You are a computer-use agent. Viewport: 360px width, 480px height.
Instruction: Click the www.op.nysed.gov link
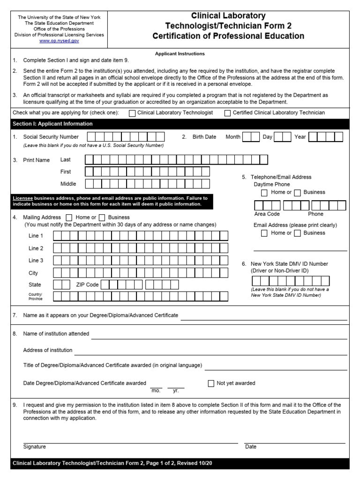click(x=59, y=41)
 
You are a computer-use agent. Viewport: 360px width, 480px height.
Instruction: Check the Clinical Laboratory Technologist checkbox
click(x=132, y=113)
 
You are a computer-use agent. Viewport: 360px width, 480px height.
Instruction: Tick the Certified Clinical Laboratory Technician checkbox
click(x=228, y=113)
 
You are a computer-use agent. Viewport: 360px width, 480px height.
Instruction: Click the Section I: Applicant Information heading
click(x=52, y=124)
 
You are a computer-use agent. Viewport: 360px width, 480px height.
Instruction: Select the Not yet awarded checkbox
click(x=211, y=383)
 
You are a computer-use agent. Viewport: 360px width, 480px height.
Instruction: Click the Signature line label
click(x=35, y=447)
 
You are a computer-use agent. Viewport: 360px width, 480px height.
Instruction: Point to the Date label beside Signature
click(x=251, y=447)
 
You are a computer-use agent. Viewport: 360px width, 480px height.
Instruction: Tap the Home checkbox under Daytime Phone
click(x=265, y=193)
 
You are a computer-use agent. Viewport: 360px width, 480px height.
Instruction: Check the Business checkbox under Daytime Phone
click(x=297, y=193)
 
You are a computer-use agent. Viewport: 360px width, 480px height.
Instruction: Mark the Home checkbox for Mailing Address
click(x=69, y=217)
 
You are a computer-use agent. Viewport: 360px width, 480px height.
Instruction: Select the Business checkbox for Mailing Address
click(x=102, y=217)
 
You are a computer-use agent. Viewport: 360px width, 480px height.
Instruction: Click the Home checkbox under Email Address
click(x=265, y=233)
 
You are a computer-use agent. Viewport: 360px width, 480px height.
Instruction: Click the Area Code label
click(x=267, y=214)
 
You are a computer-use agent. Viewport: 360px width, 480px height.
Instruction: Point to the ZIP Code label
click(x=87, y=285)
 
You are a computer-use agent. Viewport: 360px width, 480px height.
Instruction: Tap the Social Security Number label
click(x=51, y=137)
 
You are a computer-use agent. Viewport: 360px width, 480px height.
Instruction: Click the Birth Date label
click(x=204, y=137)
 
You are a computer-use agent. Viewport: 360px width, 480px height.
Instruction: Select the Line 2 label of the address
click(x=36, y=248)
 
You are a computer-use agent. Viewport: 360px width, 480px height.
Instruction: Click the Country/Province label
click(x=35, y=296)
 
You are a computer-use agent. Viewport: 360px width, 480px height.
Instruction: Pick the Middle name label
click(x=68, y=184)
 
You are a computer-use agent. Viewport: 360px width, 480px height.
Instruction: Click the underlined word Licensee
click(x=22, y=198)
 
